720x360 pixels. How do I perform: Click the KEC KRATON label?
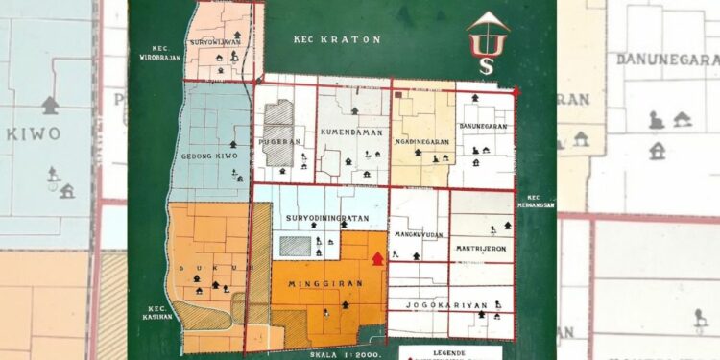[337, 40]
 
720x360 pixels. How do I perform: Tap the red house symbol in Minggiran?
[377, 258]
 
